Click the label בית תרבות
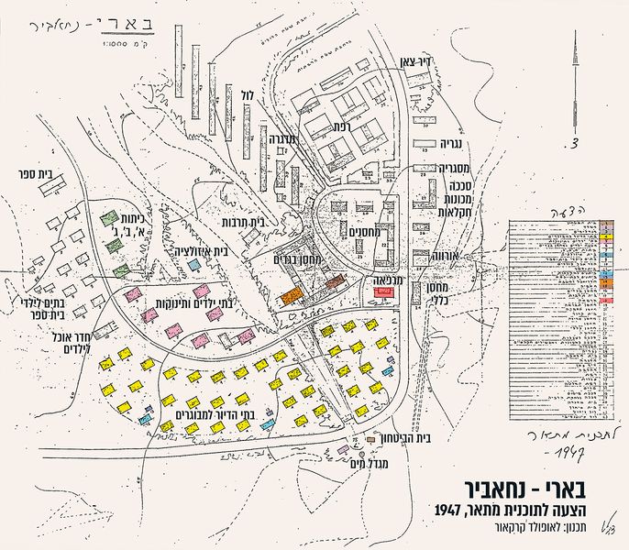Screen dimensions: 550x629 [243, 222]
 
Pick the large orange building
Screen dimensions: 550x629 [291, 296]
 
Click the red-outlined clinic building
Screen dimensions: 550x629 [383, 292]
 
